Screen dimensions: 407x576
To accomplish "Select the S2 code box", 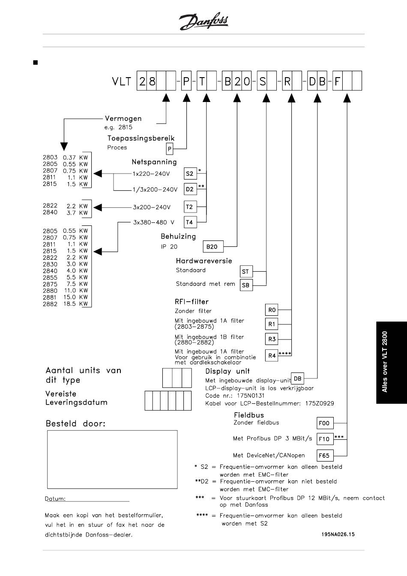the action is coord(190,174).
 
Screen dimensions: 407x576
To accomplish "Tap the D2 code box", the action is coord(190,189).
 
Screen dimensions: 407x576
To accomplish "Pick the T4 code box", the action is coord(190,222).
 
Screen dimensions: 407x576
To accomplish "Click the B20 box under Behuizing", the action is coord(213,246).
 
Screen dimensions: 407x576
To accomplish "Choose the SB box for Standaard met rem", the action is coord(246,285).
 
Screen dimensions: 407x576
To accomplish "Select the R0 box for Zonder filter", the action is coord(272,310).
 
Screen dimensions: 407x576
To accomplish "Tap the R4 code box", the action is coord(272,355).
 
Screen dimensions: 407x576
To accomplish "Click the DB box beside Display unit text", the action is coord(297,378).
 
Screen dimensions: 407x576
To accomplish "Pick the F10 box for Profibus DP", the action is coord(325,439).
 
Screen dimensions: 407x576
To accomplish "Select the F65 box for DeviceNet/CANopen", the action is coord(325,456).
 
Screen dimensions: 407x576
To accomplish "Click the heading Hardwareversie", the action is coord(204,261).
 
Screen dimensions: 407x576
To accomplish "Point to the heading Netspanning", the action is coord(154,162).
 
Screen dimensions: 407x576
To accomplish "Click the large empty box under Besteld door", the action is coord(112,459).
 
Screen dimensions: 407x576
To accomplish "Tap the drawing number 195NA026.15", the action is coord(338,534).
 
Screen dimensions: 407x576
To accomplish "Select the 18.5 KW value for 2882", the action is coord(75,304).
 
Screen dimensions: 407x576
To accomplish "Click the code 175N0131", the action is coord(251,396).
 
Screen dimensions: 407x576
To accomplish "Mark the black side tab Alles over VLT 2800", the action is coord(392,362).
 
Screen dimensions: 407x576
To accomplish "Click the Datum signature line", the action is coord(87,501).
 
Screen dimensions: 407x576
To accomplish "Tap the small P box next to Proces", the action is coord(169,149).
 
